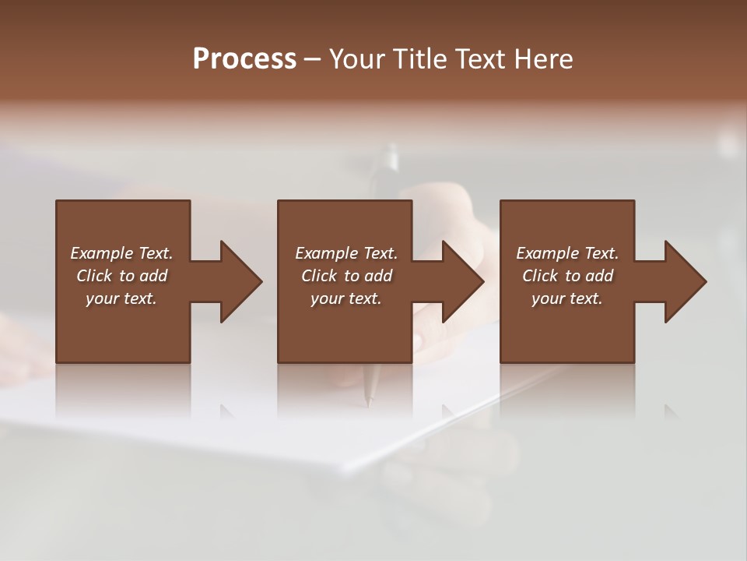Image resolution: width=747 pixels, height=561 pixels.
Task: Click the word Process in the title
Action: click(x=244, y=59)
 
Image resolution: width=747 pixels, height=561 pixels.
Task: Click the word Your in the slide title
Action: click(x=359, y=59)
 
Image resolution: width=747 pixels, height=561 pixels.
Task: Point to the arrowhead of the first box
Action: click(x=241, y=281)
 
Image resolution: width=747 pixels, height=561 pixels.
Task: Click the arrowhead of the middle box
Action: click(x=464, y=281)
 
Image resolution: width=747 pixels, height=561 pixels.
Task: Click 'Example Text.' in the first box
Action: click(x=121, y=253)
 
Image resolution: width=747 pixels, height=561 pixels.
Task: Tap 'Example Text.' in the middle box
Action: click(x=346, y=253)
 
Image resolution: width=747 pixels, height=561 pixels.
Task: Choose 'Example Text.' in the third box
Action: click(x=567, y=253)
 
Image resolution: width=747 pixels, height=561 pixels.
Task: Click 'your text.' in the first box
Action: click(x=121, y=298)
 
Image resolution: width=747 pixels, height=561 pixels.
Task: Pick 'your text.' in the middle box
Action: click(x=346, y=298)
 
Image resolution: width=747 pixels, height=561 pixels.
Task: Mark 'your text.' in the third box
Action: click(x=567, y=298)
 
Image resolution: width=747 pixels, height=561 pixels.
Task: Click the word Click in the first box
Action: click(x=94, y=276)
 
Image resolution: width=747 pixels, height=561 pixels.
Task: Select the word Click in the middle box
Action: click(x=319, y=276)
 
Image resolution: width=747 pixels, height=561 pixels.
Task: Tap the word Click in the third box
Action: click(x=540, y=276)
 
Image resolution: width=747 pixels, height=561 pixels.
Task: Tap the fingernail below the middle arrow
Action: click(x=419, y=340)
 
